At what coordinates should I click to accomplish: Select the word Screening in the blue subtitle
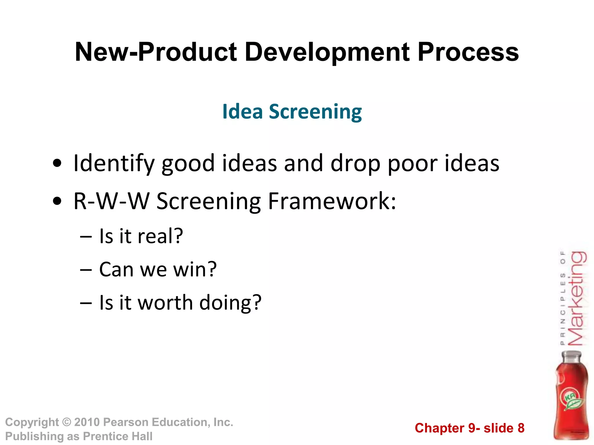315,112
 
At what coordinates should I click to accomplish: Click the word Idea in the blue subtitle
242,112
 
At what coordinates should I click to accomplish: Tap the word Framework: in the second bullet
332,201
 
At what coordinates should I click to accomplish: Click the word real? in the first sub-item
160,236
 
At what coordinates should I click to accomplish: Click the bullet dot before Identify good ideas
57,163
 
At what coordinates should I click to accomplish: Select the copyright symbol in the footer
67,422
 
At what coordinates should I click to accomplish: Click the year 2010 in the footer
87,422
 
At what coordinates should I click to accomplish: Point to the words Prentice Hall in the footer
117,436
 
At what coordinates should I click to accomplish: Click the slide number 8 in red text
521,428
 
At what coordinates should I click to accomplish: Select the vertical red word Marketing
577,298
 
